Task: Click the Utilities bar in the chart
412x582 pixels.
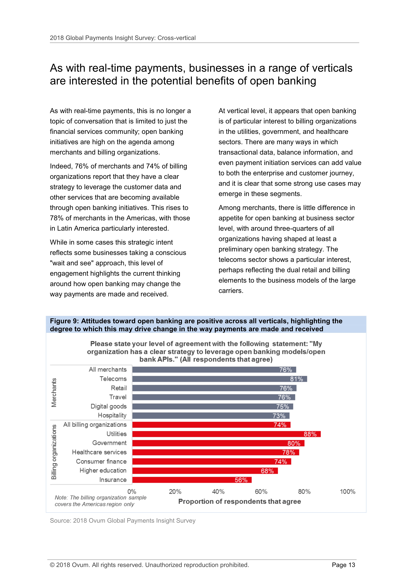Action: (226, 434)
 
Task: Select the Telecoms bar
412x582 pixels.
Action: (219, 379)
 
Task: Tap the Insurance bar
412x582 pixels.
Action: (191, 480)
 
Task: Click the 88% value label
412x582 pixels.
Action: (310, 434)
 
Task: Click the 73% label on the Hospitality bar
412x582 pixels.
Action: (279, 416)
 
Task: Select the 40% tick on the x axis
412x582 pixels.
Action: (218, 492)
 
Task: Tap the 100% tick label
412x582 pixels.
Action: (347, 492)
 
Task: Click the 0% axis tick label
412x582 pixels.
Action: (132, 492)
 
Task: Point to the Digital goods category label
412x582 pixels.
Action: (109, 406)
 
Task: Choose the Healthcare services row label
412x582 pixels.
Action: (99, 452)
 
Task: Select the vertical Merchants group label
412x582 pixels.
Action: (54, 393)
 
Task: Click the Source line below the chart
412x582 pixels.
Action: (123, 521)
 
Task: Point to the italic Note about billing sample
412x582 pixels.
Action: (100, 501)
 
